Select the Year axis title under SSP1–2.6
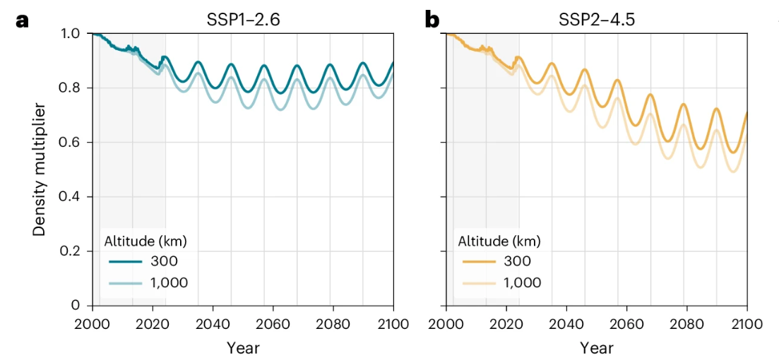click(x=242, y=347)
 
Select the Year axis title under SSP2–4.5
click(x=596, y=347)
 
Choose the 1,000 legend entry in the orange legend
click(x=523, y=283)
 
